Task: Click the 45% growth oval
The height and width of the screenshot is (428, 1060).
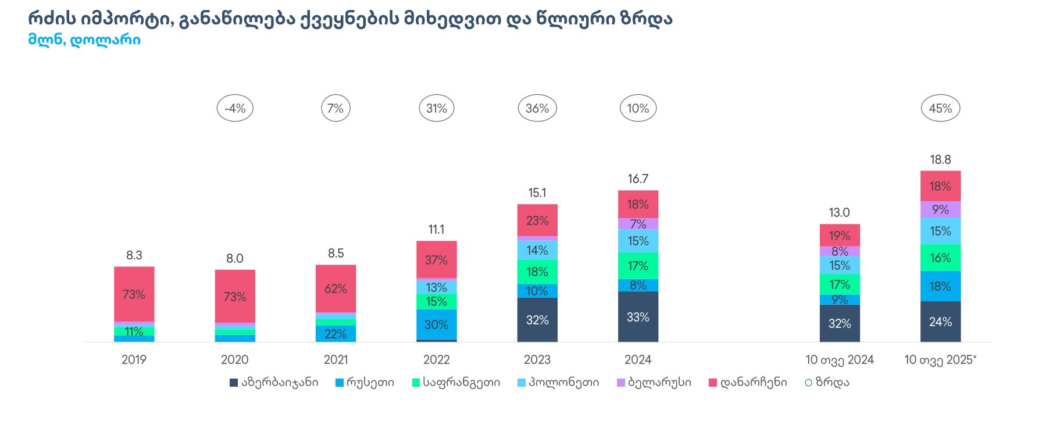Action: [940, 108]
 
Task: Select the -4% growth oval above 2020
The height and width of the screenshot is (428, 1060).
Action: [235, 108]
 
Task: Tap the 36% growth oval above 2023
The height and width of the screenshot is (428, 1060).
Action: [537, 108]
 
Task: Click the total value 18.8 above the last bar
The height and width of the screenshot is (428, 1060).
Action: [940, 159]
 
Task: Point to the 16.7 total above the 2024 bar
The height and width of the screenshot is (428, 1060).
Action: [638, 179]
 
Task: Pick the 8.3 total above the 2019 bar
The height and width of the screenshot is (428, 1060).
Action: [134, 255]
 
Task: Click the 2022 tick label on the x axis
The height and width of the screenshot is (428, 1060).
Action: [437, 359]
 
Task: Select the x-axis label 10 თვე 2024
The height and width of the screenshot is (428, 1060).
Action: [840, 359]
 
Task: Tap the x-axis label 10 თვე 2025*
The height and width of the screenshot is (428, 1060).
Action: [940, 359]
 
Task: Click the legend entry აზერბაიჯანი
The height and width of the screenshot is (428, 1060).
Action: [274, 382]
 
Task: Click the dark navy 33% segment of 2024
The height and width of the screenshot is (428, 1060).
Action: [638, 317]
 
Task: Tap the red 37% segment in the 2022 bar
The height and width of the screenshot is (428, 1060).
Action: [437, 260]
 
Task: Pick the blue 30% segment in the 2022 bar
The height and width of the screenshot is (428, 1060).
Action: [437, 324]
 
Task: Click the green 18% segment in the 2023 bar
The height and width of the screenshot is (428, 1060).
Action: [537, 272]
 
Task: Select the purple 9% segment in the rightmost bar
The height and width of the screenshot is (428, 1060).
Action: [940, 209]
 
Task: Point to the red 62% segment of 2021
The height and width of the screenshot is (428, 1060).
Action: [336, 288]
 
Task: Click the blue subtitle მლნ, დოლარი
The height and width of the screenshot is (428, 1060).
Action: [84, 40]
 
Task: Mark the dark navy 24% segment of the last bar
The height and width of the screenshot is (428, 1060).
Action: [940, 322]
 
